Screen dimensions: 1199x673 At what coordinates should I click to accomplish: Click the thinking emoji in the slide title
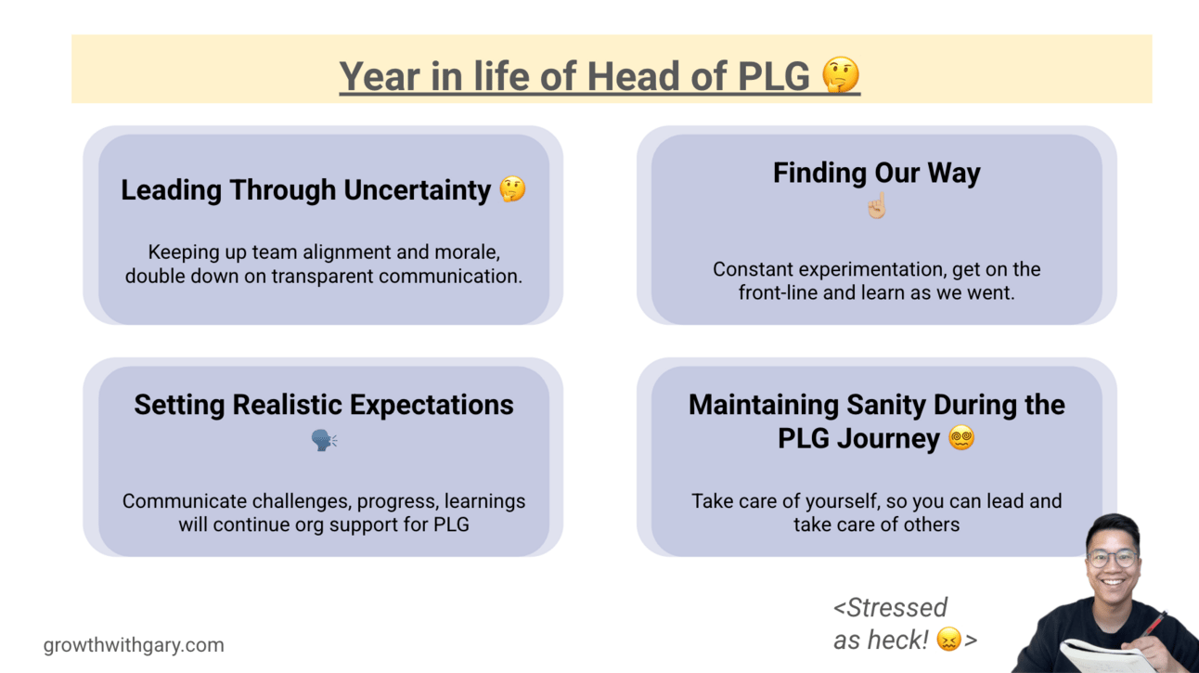tap(841, 74)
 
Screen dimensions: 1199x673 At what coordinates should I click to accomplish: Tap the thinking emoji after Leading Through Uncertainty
tap(512, 189)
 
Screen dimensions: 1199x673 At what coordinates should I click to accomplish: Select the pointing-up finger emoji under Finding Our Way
tap(877, 205)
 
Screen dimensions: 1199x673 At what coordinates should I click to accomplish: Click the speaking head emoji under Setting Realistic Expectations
tap(325, 440)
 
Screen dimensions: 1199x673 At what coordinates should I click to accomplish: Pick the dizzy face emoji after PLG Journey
tap(961, 438)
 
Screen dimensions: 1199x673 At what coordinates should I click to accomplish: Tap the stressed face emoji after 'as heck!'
tap(949, 640)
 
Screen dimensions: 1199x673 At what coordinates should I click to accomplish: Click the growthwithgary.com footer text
tap(134, 645)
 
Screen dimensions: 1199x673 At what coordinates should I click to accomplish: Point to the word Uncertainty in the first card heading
tap(417, 190)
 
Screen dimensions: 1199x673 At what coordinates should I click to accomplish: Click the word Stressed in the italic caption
tap(897, 608)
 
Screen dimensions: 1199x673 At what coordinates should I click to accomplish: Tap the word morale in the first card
tap(467, 252)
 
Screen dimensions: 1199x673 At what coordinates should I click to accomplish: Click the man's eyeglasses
tap(1113, 558)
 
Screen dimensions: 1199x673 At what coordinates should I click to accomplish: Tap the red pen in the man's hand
tap(1153, 626)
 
